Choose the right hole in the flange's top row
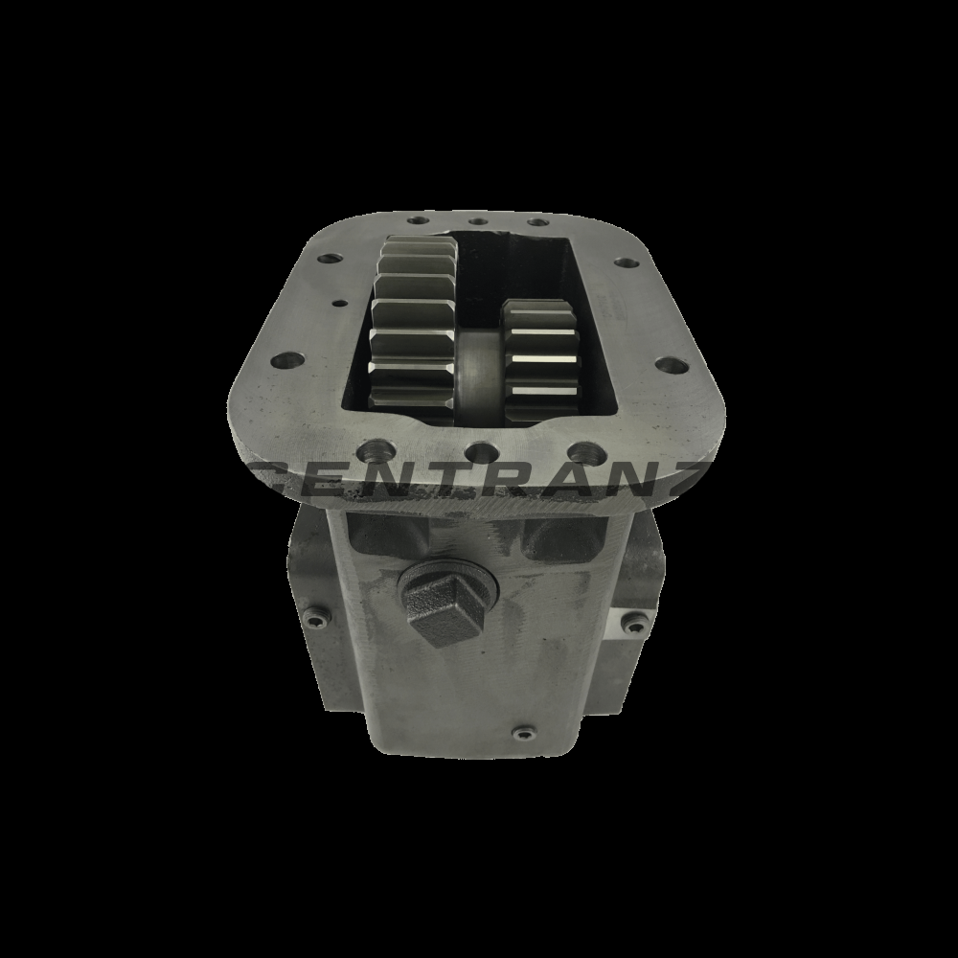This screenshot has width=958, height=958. (x=538, y=223)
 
